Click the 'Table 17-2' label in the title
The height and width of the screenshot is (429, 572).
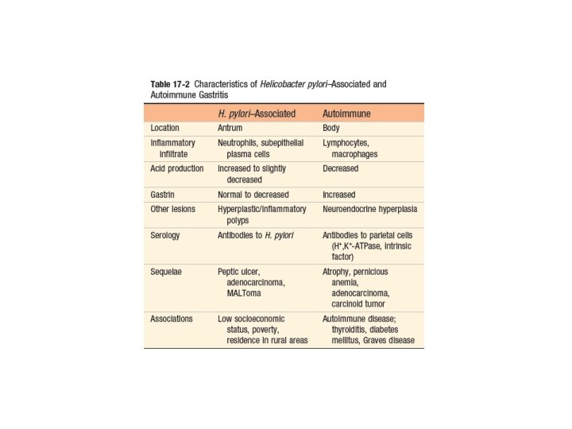(169, 84)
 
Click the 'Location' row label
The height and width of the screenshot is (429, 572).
(165, 128)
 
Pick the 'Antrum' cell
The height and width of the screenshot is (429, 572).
(231, 128)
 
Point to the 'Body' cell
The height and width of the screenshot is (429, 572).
(332, 128)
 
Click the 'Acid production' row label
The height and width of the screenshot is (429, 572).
(177, 168)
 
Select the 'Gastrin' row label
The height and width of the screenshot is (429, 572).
(164, 195)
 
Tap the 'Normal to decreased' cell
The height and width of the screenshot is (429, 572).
(253, 195)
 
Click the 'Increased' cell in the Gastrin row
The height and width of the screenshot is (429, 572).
(339, 195)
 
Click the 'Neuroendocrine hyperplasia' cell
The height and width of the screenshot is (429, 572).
(370, 209)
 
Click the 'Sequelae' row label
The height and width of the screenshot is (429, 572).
(167, 271)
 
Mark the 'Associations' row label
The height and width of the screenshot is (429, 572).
(172, 319)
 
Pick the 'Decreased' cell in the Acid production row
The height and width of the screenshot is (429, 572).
(341, 168)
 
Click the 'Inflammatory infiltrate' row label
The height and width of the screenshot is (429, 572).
(170, 148)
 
